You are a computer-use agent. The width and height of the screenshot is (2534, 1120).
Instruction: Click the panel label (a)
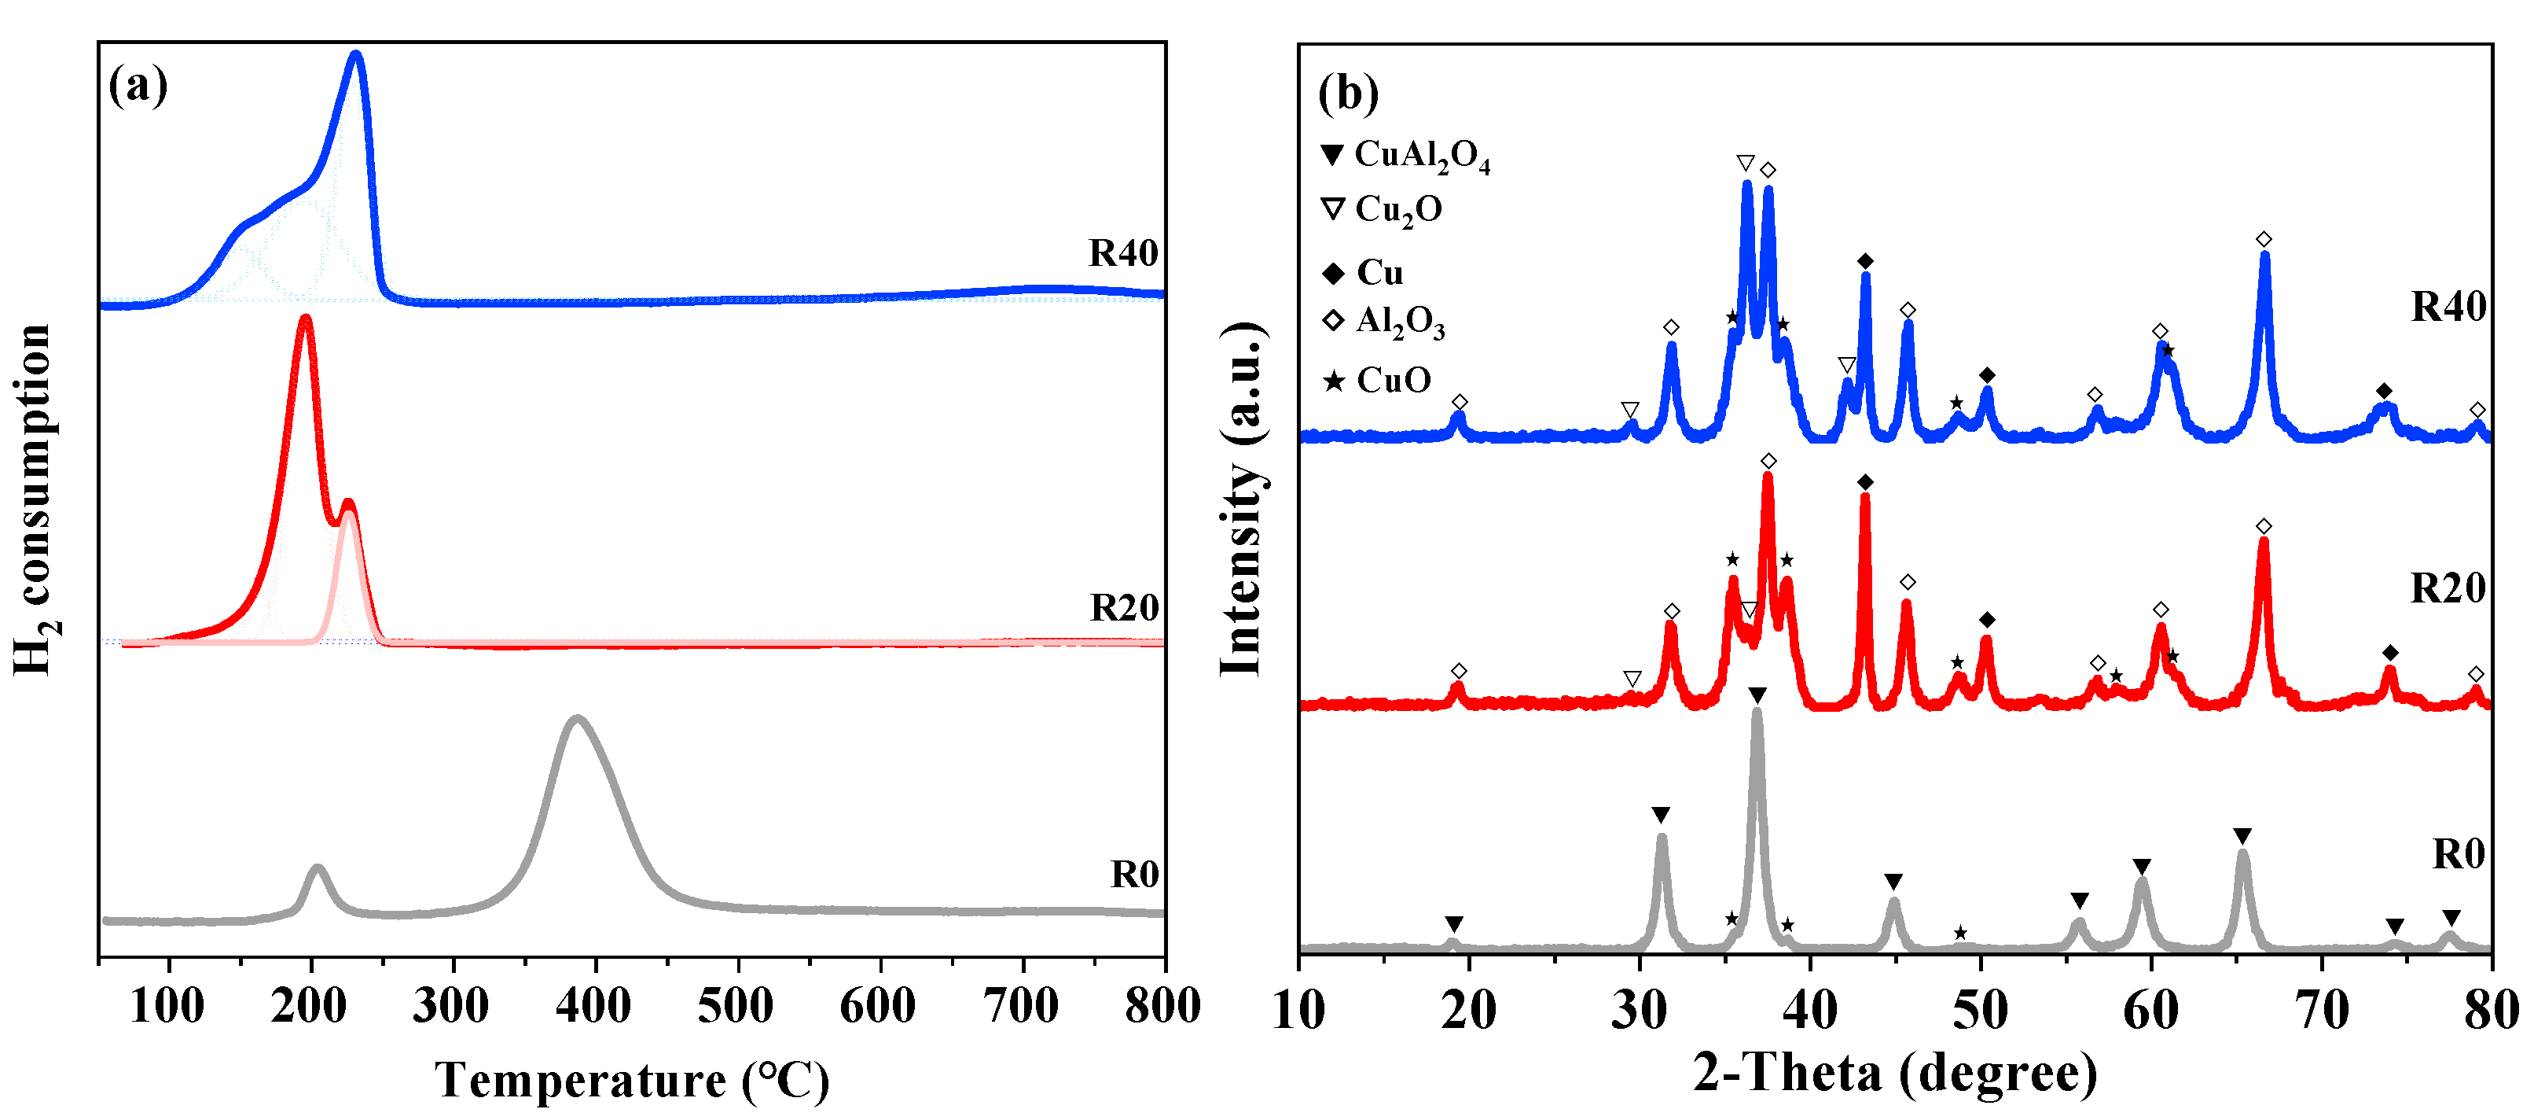pos(138,86)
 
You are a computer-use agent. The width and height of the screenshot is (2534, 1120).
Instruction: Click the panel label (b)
pos(1348,94)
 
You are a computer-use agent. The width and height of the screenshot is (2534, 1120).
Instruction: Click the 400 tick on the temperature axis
pos(594,1006)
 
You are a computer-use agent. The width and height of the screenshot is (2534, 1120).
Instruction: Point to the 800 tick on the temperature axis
pos(1162,1006)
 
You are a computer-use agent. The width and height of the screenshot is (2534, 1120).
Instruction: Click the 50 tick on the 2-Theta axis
pos(1980,1010)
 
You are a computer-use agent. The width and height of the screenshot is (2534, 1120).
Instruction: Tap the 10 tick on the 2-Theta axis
pos(1299,1010)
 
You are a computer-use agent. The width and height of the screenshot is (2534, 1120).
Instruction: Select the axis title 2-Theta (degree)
pos(1894,1073)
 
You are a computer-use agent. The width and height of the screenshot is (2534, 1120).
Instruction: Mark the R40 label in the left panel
pos(1123,254)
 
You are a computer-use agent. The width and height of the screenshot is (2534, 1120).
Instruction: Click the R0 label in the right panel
pos(2459,854)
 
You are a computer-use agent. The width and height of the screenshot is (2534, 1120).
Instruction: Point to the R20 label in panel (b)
pos(2448,588)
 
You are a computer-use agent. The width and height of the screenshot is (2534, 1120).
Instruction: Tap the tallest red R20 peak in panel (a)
pos(305,319)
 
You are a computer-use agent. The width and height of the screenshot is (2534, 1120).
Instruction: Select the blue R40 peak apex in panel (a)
pos(356,55)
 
